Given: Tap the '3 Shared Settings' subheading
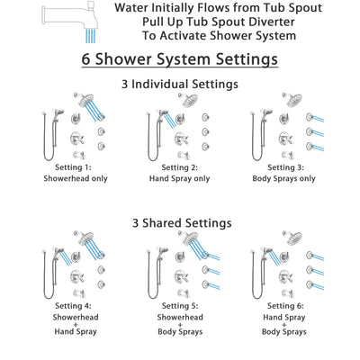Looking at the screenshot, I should [180, 222].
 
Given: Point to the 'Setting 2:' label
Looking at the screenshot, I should [180, 167].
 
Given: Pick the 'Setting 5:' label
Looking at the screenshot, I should [180, 306].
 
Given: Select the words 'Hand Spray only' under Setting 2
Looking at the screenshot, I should [180, 179].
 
